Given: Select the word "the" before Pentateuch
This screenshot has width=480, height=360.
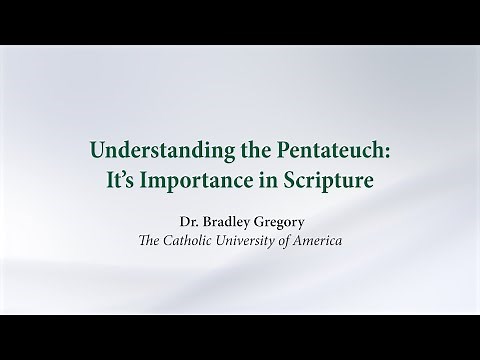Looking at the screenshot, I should tap(247, 152).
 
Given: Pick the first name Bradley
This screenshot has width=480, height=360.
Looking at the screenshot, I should tap(225, 219).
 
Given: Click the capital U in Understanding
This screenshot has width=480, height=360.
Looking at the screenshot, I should tap(97, 152).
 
